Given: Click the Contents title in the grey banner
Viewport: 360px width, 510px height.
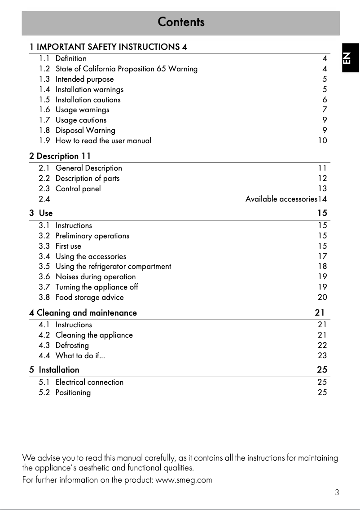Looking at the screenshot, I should [x=181, y=22].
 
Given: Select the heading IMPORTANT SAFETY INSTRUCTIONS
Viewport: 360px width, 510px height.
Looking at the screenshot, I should [x=108, y=47].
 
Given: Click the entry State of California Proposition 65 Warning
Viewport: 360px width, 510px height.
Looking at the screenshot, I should [x=126, y=69].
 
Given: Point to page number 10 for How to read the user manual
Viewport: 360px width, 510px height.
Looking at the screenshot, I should [x=322, y=141].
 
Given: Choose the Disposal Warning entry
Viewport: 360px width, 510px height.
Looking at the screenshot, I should [x=85, y=131].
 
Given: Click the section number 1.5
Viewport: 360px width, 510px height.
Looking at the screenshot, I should [x=44, y=100].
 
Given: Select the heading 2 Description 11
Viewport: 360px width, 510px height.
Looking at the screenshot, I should [x=60, y=156].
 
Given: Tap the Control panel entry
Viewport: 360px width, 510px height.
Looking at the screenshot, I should [x=78, y=189].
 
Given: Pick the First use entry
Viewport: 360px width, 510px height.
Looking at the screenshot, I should [x=68, y=246].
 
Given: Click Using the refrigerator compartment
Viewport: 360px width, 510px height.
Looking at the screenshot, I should [x=113, y=267].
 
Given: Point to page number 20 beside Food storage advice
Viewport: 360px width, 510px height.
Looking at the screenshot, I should [x=322, y=297].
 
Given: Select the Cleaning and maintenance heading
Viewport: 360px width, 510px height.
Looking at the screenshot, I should [x=87, y=312].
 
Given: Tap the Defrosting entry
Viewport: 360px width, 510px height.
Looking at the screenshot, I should [x=72, y=345].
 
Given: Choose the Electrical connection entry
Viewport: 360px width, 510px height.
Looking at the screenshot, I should [x=89, y=382].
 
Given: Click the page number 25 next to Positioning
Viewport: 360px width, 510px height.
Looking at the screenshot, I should [x=322, y=392].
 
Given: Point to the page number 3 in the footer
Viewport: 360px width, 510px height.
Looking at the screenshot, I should [x=337, y=492].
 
